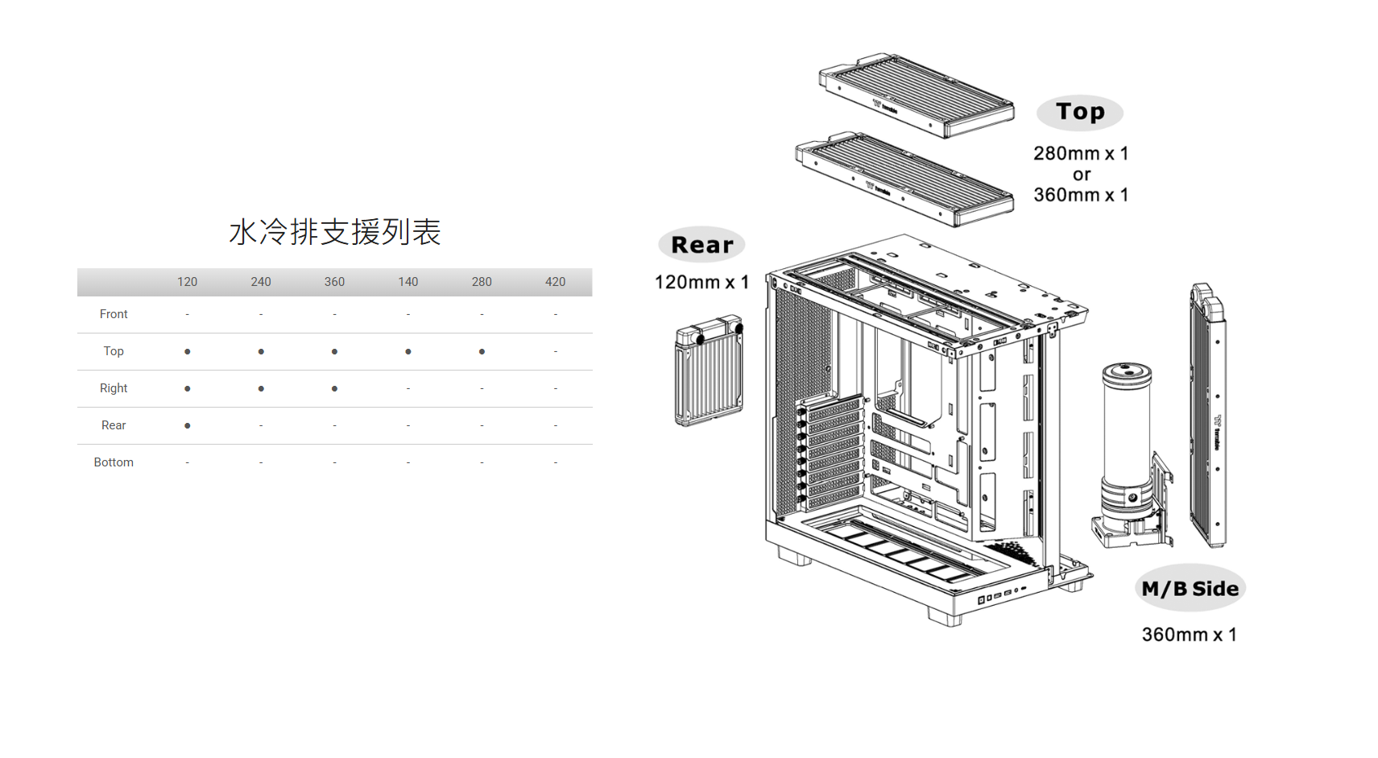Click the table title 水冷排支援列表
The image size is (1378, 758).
pos(335,232)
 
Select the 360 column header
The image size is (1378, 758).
pos(334,282)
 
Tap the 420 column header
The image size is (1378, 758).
pos(555,282)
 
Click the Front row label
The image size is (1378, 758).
pos(114,314)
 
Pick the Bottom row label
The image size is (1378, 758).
pos(114,462)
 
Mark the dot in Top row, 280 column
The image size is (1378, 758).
pos(482,352)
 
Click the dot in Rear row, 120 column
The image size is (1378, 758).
pos(188,425)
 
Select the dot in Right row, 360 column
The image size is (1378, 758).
pos(334,389)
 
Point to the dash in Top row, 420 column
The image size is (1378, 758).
pos(555,352)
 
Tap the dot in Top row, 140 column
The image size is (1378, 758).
pos(408,352)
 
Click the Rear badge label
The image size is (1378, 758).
pos(701,245)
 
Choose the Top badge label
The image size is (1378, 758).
pos(1080,112)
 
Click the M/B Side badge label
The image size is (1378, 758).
pos(1190,589)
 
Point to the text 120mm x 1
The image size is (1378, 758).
pos(701,282)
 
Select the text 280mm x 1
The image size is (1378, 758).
pos(1081,153)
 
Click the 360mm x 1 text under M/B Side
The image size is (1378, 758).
pos(1189,635)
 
